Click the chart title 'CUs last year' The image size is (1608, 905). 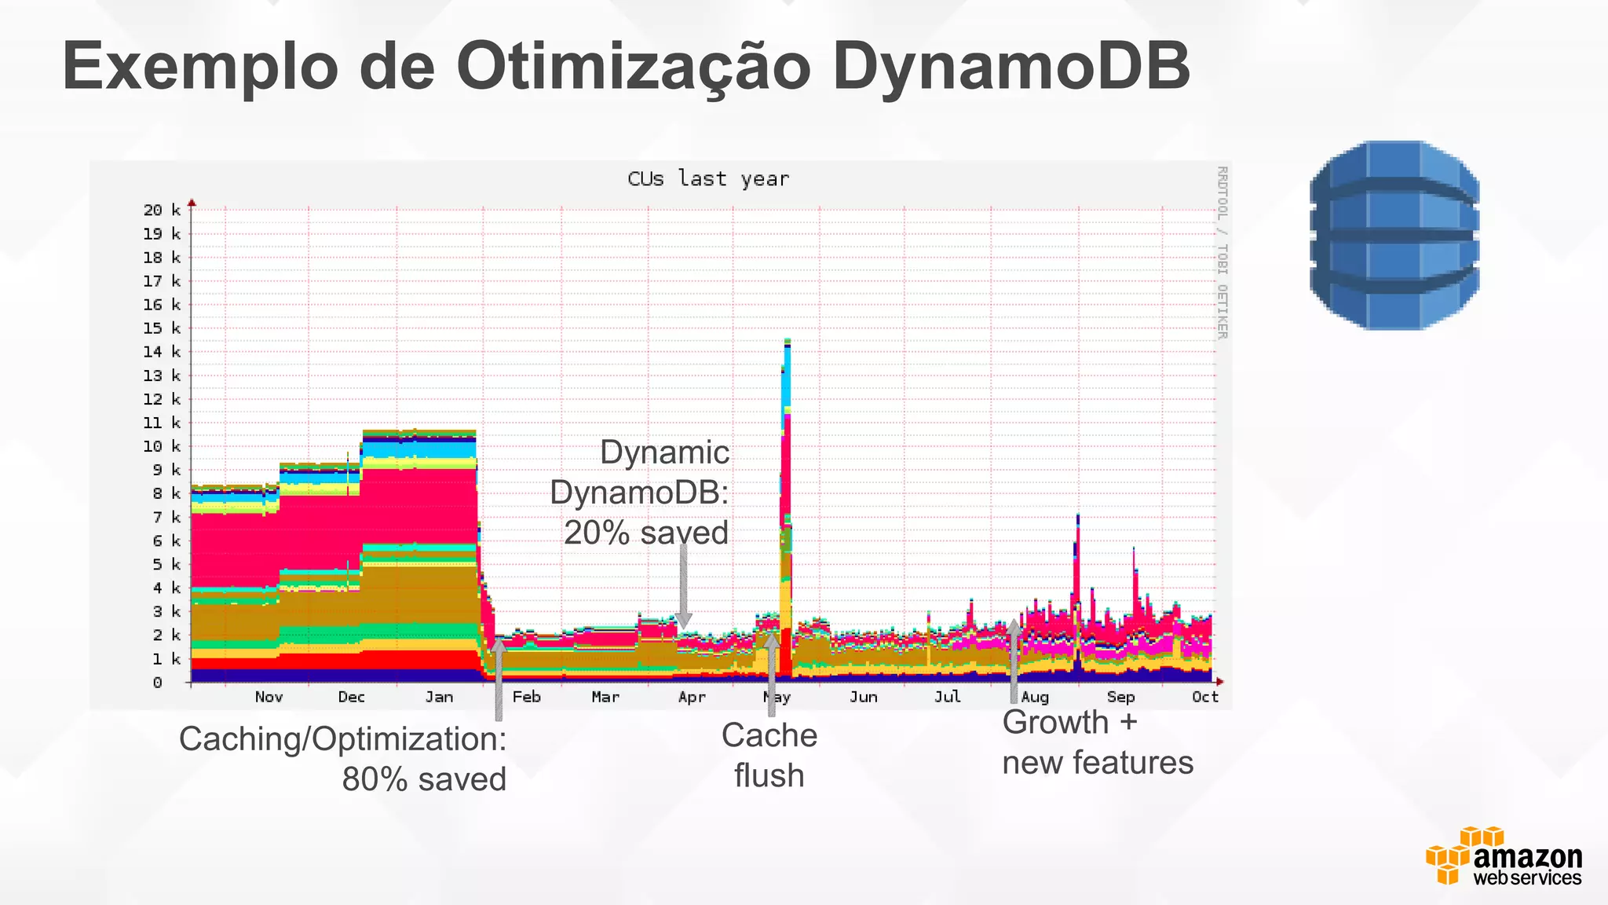708,179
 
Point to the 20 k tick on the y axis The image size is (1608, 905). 162,210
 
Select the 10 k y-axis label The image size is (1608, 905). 162,446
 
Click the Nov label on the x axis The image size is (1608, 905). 269,697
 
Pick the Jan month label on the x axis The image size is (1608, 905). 439,697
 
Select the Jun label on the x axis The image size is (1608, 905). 863,697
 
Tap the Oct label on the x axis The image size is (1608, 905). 1204,697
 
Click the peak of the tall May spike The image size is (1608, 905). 787,342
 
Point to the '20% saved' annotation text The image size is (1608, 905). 645,533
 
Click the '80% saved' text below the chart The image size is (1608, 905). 424,779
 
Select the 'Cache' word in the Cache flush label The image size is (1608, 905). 769,735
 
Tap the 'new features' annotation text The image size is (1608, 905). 1098,762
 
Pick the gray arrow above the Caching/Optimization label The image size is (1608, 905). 498,680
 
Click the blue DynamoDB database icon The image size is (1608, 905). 1394,235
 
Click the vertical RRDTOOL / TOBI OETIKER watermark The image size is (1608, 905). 1222,252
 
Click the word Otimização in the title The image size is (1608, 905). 633,68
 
